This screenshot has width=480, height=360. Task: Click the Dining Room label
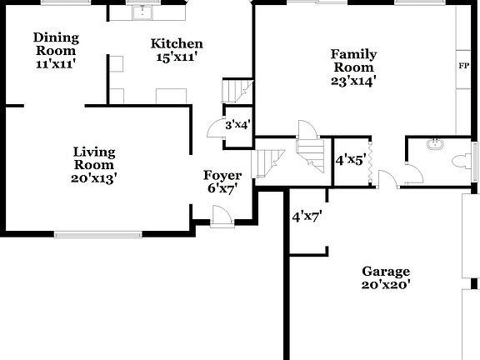click(56, 44)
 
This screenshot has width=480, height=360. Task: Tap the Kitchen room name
click(177, 43)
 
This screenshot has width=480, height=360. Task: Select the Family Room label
click(354, 61)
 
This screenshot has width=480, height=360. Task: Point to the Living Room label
click(93, 158)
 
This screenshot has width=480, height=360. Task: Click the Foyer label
click(222, 176)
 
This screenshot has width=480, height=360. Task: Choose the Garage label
click(386, 272)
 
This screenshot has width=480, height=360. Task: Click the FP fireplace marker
click(462, 64)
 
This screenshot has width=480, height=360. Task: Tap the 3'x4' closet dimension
click(238, 125)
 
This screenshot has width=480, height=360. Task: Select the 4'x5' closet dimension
click(350, 158)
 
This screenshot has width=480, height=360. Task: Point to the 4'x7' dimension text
click(307, 217)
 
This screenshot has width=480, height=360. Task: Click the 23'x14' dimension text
click(354, 81)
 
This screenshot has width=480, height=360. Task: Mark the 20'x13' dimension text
click(93, 178)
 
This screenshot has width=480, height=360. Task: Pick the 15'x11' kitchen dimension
click(177, 58)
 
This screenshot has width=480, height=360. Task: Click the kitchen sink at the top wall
click(142, 12)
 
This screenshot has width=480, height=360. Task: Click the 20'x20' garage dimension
click(386, 285)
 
